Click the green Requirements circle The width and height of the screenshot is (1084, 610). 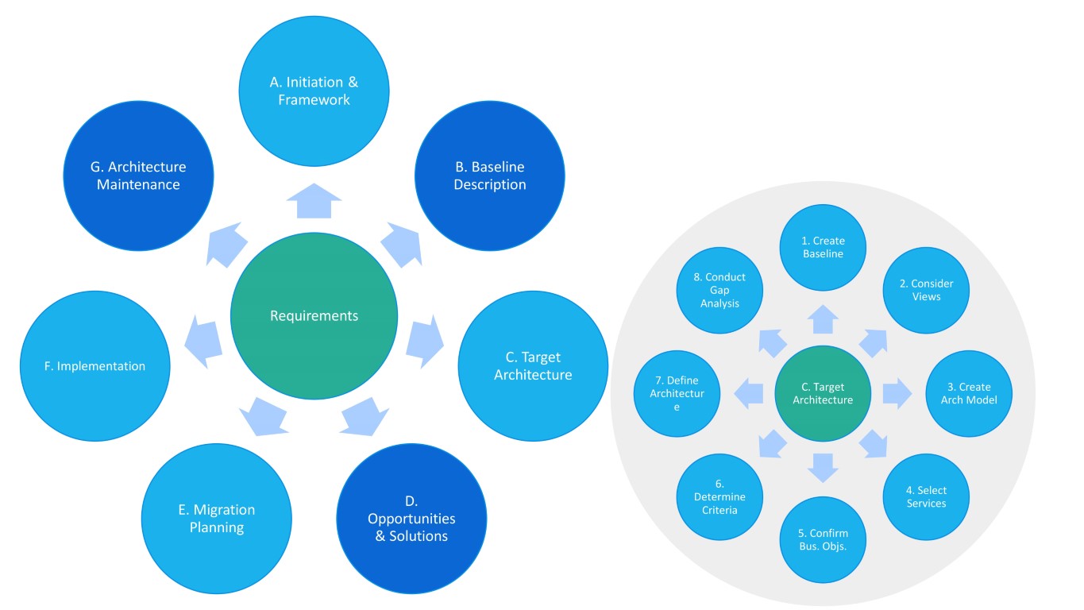click(x=314, y=316)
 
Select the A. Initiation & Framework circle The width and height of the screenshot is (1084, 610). click(x=314, y=91)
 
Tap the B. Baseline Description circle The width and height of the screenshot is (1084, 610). click(x=489, y=176)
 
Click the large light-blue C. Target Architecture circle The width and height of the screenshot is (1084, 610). click(x=533, y=365)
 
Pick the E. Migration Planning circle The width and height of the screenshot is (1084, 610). click(x=217, y=518)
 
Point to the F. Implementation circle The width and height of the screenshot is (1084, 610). click(x=95, y=366)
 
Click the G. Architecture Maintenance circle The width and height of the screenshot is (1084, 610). click(x=138, y=176)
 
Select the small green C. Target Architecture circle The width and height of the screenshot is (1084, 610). click(x=823, y=393)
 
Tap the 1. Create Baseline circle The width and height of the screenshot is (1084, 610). click(x=823, y=247)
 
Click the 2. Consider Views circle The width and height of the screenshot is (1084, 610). click(x=926, y=290)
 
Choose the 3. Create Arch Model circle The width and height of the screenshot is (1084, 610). click(x=969, y=393)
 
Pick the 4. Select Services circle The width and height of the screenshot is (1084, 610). click(x=926, y=497)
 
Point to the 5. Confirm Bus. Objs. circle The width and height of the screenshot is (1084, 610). click(x=823, y=540)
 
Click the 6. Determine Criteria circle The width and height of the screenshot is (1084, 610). click(x=719, y=497)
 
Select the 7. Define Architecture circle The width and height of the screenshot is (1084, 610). click(x=677, y=393)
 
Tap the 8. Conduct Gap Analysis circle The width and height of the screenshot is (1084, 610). click(x=719, y=290)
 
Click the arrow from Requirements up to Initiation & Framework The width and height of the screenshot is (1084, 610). click(x=314, y=199)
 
